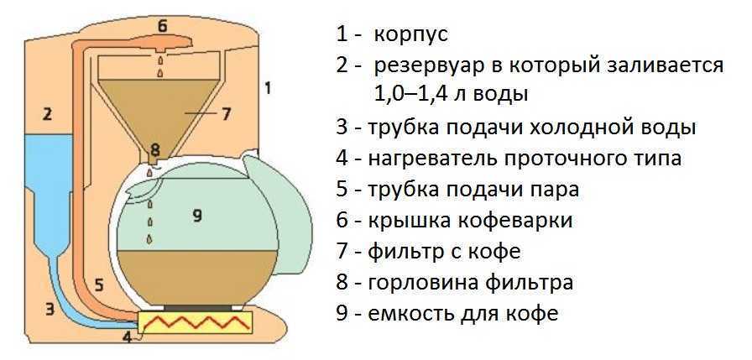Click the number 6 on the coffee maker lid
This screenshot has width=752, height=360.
click(x=162, y=25)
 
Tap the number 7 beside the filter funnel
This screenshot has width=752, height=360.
click(x=226, y=113)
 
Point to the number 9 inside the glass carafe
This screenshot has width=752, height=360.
click(x=197, y=217)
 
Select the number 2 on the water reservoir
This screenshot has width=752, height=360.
click(x=48, y=113)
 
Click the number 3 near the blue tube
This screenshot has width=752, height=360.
click(x=50, y=309)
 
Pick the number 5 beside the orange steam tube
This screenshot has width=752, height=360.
click(x=98, y=285)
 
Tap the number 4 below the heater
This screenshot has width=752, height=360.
click(x=127, y=338)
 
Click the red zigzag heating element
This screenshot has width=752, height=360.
click(x=196, y=322)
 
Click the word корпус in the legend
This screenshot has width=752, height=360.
click(x=411, y=35)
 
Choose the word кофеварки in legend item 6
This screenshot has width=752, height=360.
click(x=528, y=220)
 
